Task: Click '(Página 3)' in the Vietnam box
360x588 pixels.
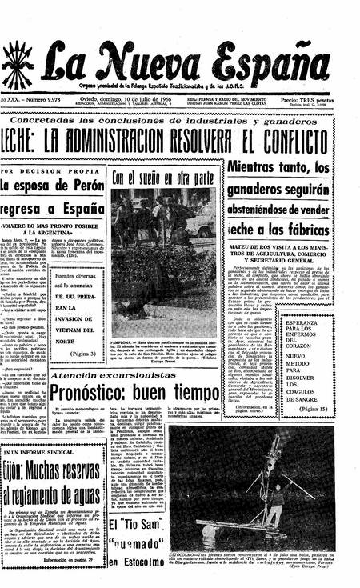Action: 82,352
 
